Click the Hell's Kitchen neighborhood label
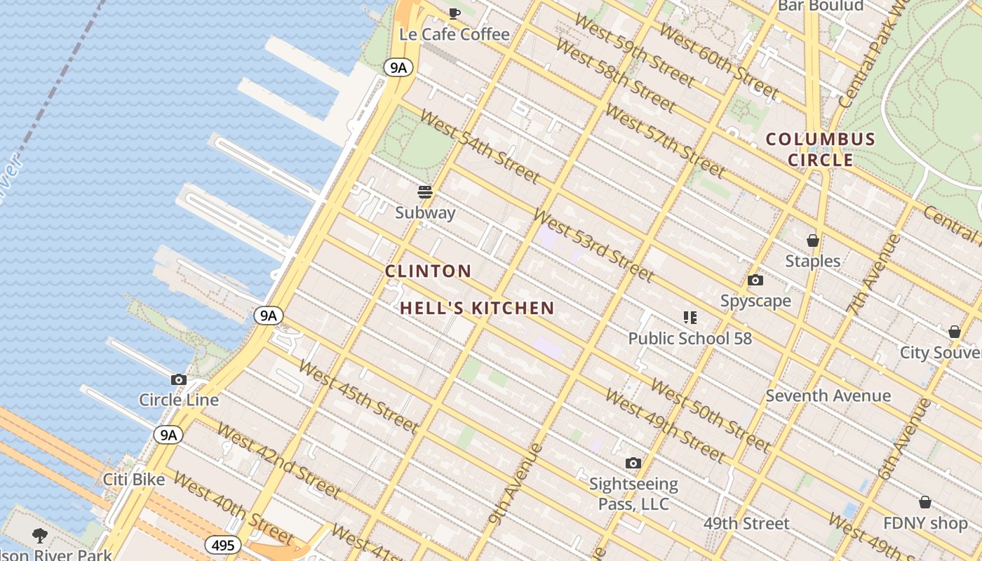pyautogui.click(x=477, y=308)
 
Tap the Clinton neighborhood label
pyautogui.click(x=428, y=271)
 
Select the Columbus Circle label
pyautogui.click(x=820, y=149)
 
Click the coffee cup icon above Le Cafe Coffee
pyautogui.click(x=455, y=13)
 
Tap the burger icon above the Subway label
pyautogui.click(x=425, y=191)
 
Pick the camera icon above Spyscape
pyautogui.click(x=755, y=280)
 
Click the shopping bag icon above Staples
pyautogui.click(x=812, y=241)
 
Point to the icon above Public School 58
pyautogui.click(x=690, y=318)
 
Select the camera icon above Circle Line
pyautogui.click(x=179, y=379)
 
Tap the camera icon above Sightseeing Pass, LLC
pyautogui.click(x=633, y=463)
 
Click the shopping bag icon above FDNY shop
pyautogui.click(x=924, y=502)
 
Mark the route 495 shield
pyautogui.click(x=223, y=545)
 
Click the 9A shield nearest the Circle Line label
pyautogui.click(x=168, y=435)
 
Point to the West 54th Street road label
pyautogui.click(x=480, y=146)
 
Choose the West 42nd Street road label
pyautogui.click(x=278, y=461)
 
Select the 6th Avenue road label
pyautogui.click(x=905, y=439)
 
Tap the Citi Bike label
pyautogui.click(x=134, y=480)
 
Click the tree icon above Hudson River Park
pyautogui.click(x=39, y=536)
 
